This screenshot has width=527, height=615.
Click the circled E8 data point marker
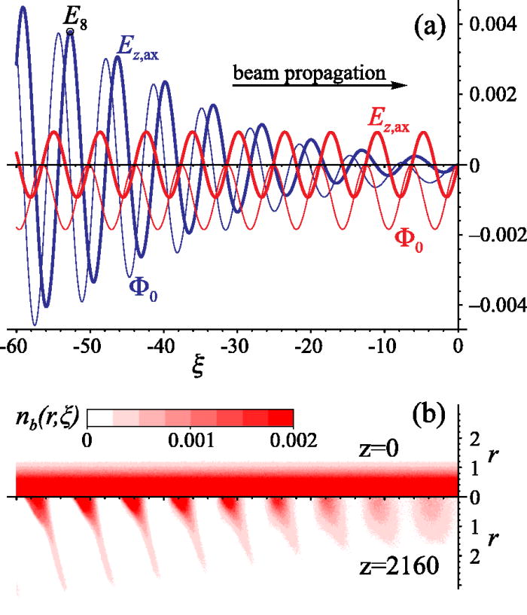click(x=70, y=32)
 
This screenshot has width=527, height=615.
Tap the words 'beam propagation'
click(x=309, y=73)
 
